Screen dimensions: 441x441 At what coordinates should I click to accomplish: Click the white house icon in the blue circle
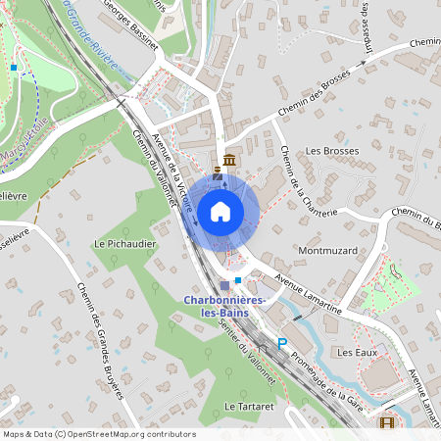click(220, 210)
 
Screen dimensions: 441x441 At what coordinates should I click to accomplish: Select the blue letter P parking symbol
click(282, 344)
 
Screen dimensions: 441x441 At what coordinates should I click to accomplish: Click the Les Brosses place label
click(332, 151)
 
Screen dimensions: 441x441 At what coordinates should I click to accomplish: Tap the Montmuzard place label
click(328, 251)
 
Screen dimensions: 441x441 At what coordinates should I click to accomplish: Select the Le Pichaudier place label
click(121, 242)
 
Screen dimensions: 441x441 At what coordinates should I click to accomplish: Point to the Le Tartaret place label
click(245, 405)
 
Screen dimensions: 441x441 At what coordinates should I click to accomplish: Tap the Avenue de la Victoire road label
click(173, 177)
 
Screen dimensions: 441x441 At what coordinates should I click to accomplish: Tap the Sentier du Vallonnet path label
click(242, 349)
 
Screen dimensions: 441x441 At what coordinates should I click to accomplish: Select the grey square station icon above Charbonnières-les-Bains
click(224, 285)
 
